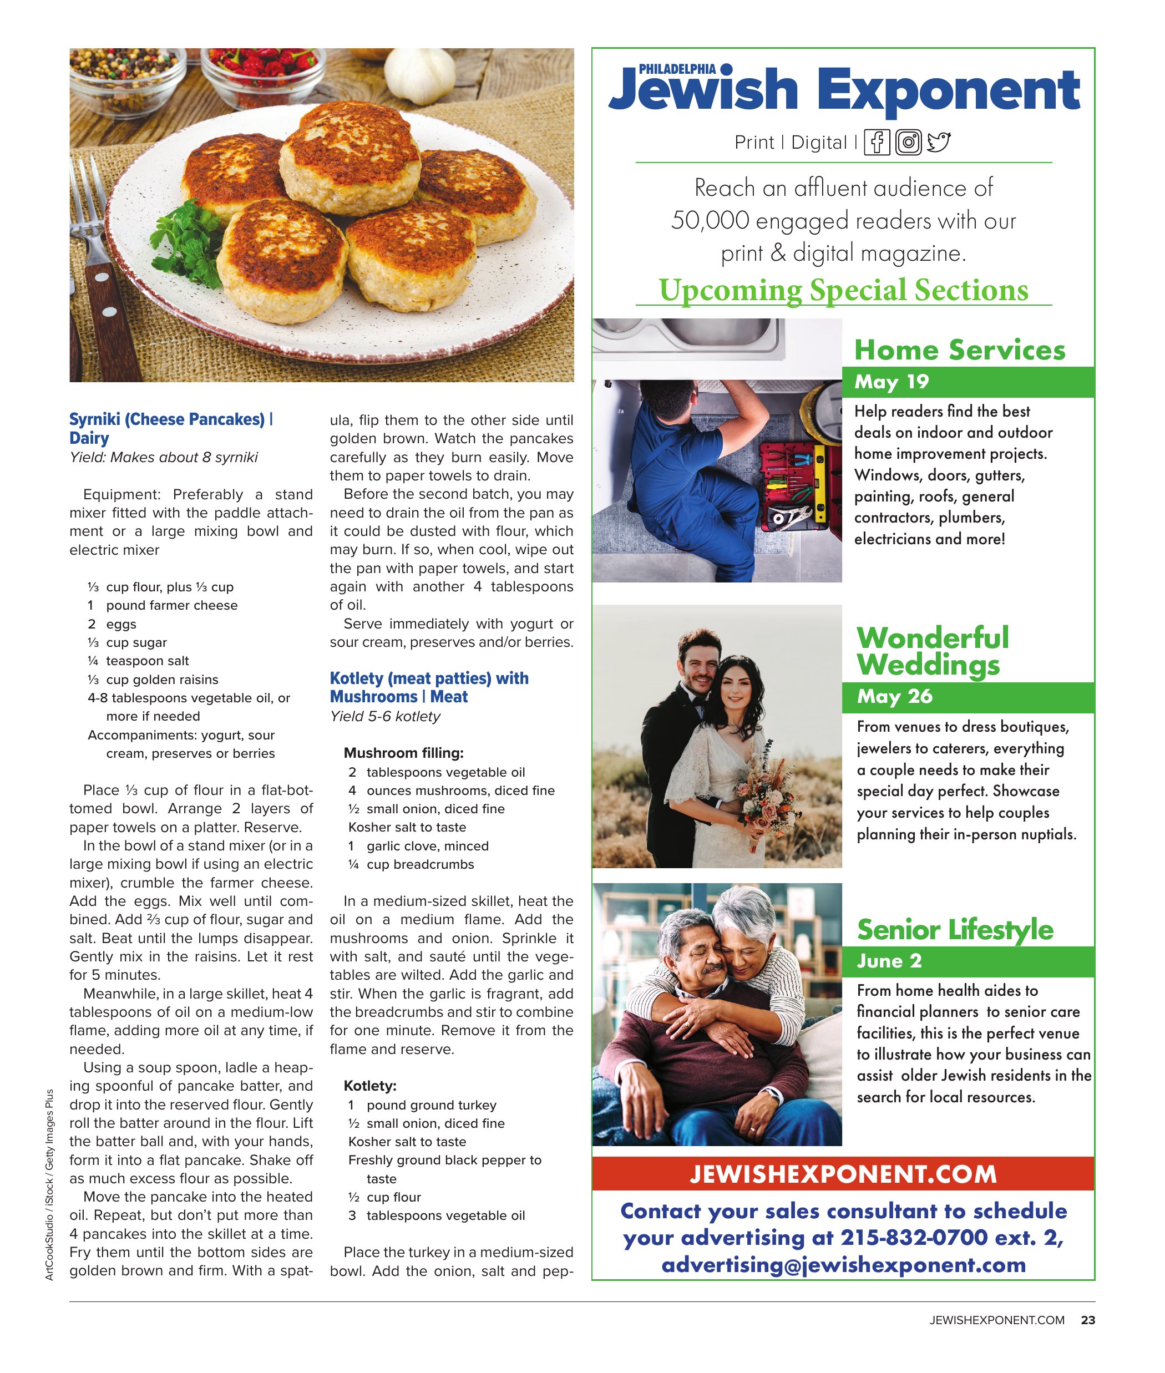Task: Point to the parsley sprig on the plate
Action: [188, 244]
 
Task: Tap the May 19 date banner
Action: [968, 382]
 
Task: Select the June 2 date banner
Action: [968, 961]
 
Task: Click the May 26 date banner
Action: [968, 697]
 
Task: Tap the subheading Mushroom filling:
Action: [403, 753]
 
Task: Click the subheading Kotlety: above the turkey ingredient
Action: [370, 1086]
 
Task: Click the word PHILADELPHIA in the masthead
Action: [676, 69]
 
